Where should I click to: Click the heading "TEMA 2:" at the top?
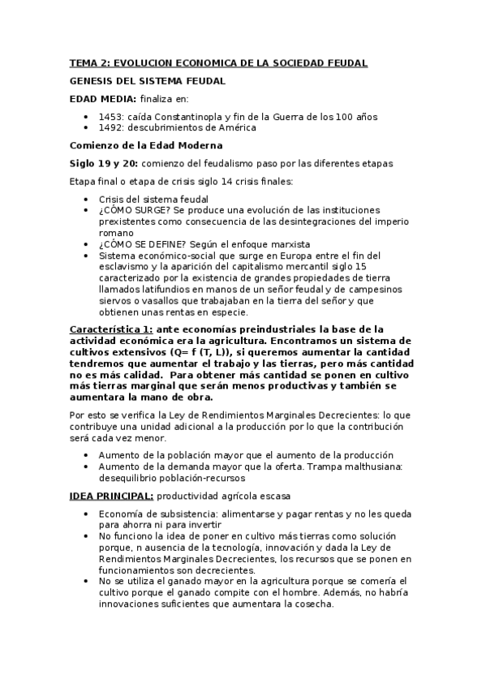click(89, 62)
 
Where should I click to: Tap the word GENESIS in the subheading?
click(93, 81)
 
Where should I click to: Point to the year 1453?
click(113, 117)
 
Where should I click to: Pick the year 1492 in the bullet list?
click(113, 127)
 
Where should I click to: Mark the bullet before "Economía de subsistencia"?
click(88, 514)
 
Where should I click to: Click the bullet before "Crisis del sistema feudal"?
click(88, 199)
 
